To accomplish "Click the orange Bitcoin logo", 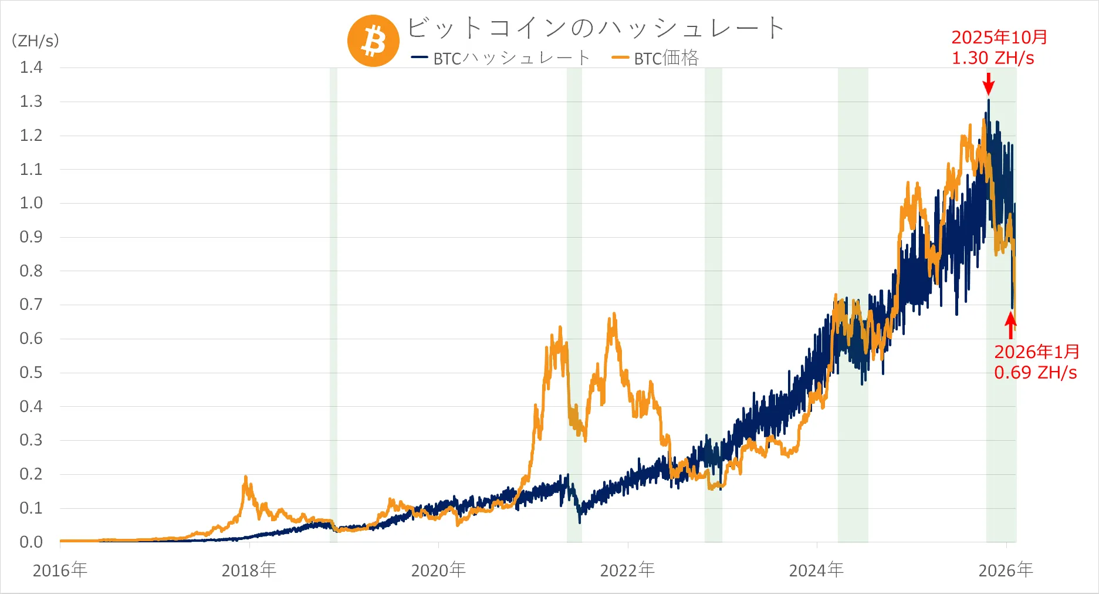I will click(373, 41).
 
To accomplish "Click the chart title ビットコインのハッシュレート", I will click(595, 28).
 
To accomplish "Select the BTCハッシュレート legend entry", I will click(501, 58).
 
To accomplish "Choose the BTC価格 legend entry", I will click(656, 58).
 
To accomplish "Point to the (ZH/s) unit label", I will click(35, 41).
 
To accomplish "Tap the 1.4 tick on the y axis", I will click(31, 67).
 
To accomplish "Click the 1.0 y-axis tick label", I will click(31, 203).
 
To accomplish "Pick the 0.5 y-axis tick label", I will click(31, 373).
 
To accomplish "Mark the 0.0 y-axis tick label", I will click(31, 542).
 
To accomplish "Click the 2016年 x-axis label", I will click(60, 570).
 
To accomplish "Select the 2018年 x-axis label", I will click(249, 570).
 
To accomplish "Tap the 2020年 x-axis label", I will click(438, 570).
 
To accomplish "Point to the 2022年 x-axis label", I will click(627, 570).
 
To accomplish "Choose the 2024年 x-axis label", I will click(816, 570).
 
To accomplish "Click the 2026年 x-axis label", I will click(1006, 570).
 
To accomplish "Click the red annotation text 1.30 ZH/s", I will click(993, 58).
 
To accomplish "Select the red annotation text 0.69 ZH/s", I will click(1036, 373).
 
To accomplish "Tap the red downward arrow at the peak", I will click(989, 84).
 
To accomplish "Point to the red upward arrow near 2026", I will click(1010, 325).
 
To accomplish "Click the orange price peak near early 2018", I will click(245, 478).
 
